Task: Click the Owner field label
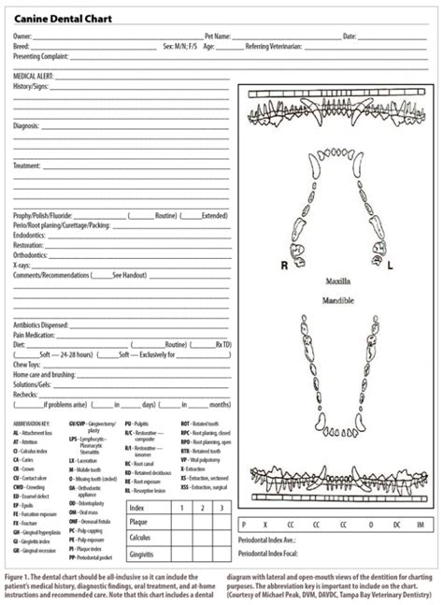[x=21, y=36]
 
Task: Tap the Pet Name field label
[x=219, y=36]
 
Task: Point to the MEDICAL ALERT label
[x=34, y=75]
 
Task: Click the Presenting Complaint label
[x=40, y=55]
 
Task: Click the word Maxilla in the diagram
[x=339, y=281]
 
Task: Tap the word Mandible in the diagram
[x=339, y=300]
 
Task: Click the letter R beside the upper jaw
[x=284, y=265]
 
